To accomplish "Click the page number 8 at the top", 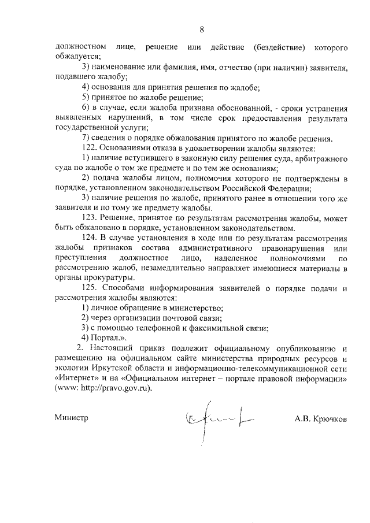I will [x=202, y=29].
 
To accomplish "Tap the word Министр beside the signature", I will [x=71, y=418].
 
